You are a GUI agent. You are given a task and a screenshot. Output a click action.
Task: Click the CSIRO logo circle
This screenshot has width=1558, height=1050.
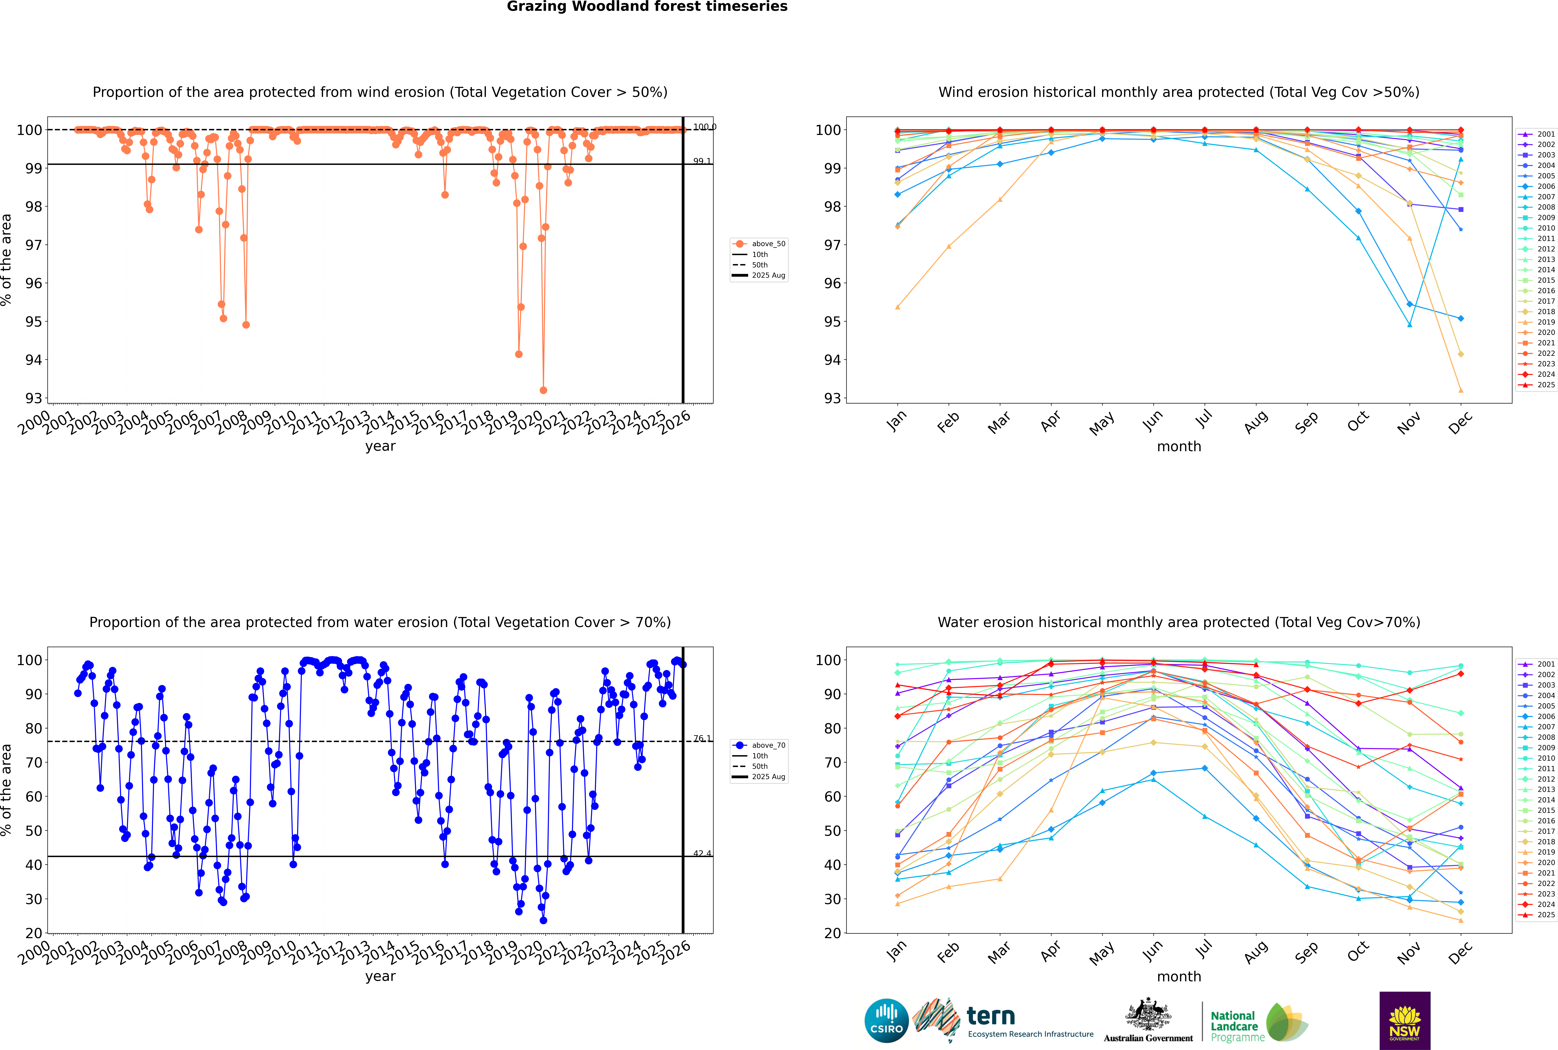886,1021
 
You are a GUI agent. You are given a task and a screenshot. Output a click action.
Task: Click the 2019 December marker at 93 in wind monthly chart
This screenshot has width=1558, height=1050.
1461,390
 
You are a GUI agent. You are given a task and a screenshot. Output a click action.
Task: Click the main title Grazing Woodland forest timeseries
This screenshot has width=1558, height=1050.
647,7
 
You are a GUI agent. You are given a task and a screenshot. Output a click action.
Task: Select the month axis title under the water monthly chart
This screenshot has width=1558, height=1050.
1179,976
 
